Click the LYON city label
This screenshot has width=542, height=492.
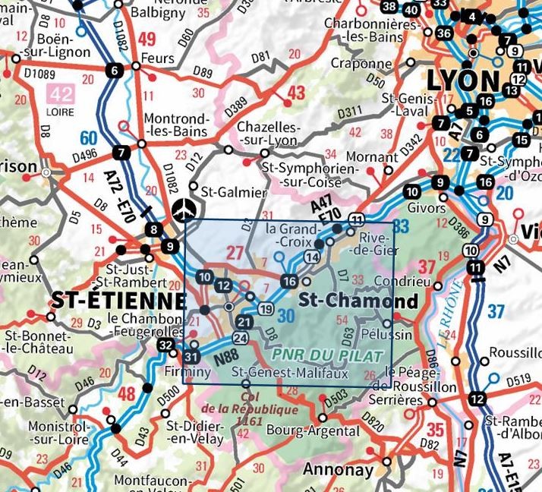pos(463,80)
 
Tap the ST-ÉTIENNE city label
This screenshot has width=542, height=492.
pos(118,300)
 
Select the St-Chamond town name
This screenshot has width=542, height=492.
pos(359,300)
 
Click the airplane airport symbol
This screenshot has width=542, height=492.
pos(183,209)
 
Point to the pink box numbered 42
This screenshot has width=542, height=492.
pos(60,93)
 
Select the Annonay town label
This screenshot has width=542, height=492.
pos(339,470)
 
